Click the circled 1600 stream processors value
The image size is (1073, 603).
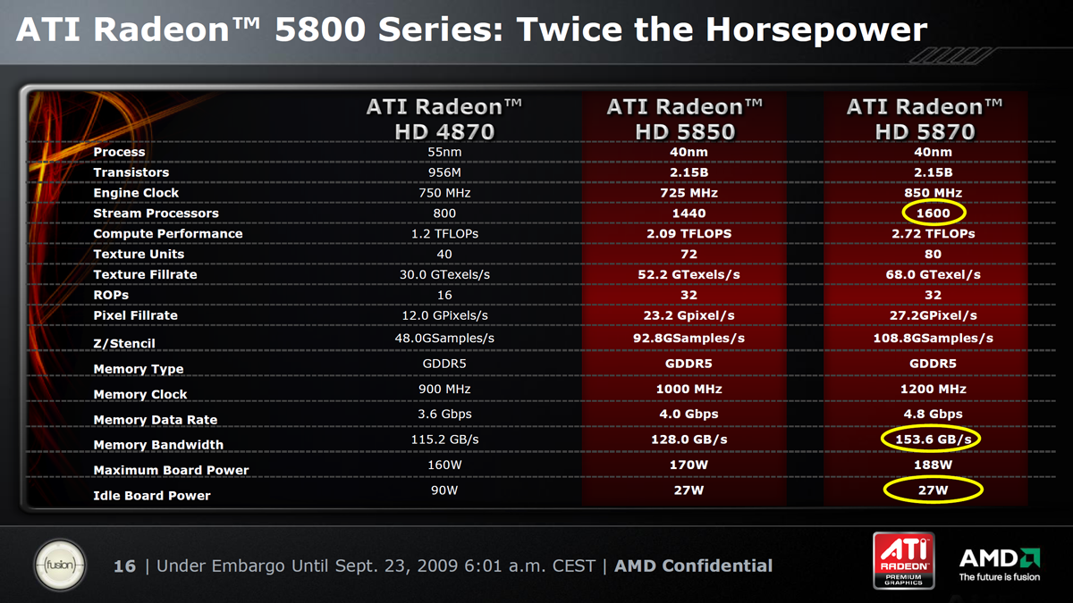(934, 213)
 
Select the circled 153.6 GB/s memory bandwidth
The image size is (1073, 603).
(931, 440)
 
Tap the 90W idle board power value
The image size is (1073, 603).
(444, 490)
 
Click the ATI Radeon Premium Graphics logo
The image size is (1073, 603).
(903, 560)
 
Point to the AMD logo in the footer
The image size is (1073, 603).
(1000, 565)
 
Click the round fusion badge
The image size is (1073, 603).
(60, 565)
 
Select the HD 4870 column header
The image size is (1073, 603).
(444, 119)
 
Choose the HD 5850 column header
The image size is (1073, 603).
(685, 119)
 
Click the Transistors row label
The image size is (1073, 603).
(131, 172)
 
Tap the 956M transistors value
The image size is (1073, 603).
(444, 172)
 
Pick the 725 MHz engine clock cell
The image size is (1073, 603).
(689, 193)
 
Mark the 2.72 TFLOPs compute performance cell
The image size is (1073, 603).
(934, 233)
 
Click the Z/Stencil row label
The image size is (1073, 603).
(124, 344)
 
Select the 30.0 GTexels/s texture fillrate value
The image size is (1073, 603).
(444, 275)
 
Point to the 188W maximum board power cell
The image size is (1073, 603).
(934, 465)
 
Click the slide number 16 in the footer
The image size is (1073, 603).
(124, 566)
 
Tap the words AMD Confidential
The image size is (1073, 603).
(693, 566)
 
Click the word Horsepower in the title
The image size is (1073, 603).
(816, 30)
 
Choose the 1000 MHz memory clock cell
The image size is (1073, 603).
(689, 389)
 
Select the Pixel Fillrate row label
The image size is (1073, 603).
(136, 315)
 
